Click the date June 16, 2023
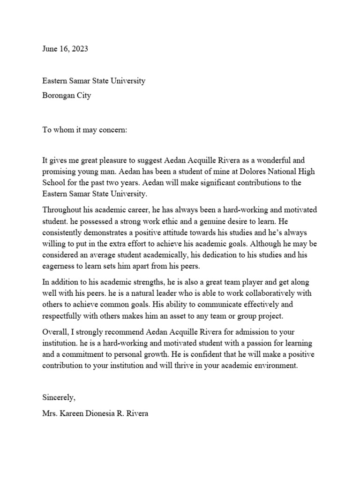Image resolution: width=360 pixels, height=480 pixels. point(65,49)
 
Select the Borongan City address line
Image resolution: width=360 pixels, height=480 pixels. point(67,96)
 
